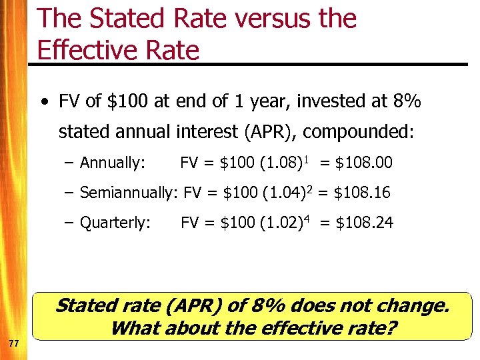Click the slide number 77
coord(13,343)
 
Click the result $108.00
coord(363,163)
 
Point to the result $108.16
coord(361,193)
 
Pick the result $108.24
coord(364,223)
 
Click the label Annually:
coord(112,163)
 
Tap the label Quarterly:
coord(115,223)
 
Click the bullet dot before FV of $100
coord(43,102)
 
